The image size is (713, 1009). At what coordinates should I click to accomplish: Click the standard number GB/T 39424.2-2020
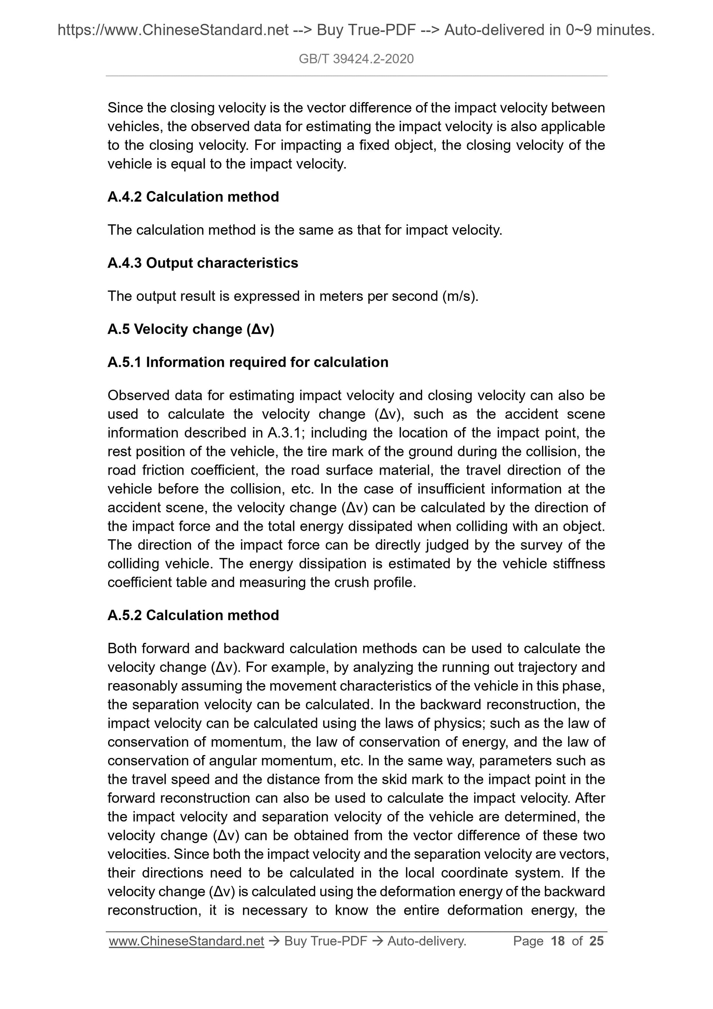click(x=356, y=59)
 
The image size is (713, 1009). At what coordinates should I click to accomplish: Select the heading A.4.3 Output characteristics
click(x=203, y=263)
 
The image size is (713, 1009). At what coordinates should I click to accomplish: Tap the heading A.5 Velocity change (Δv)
click(x=191, y=329)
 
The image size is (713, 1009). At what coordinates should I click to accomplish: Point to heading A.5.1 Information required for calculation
click(x=248, y=362)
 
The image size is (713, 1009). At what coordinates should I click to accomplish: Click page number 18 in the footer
click(x=558, y=941)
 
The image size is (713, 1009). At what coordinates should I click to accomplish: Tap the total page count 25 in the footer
click(x=596, y=941)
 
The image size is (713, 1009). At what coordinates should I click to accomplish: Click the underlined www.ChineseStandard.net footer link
click(x=186, y=941)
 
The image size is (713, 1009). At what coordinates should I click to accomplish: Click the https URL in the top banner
click(x=173, y=30)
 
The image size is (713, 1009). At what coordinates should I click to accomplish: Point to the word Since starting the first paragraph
click(x=124, y=108)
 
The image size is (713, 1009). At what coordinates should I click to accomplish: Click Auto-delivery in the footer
click(x=426, y=941)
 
